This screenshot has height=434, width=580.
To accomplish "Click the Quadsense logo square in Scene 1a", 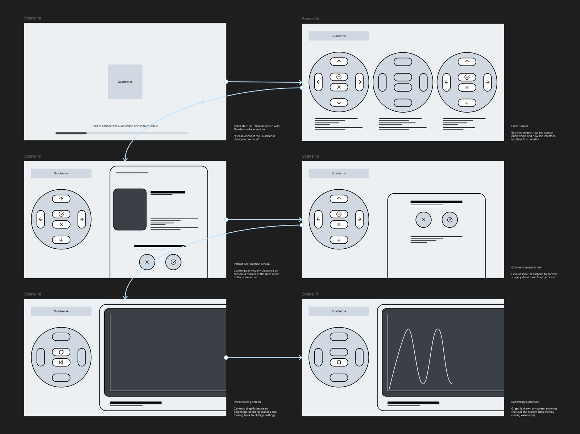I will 125,81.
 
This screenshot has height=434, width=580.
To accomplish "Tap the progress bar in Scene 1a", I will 121,133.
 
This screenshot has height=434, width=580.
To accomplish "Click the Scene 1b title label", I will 310,19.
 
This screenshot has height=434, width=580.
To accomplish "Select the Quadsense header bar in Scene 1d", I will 339,173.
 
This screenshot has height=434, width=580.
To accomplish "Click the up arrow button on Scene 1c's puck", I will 61,199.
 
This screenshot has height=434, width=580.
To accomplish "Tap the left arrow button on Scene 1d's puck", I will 318,219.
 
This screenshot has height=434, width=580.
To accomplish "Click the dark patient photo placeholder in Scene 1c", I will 130,209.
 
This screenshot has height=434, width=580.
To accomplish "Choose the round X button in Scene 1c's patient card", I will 147,262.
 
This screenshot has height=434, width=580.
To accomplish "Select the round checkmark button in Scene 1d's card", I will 449,220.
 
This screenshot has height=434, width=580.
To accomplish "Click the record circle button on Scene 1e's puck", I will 61,352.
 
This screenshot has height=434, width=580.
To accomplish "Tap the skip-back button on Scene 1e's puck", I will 61,362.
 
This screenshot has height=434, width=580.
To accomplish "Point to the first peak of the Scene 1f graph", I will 409,329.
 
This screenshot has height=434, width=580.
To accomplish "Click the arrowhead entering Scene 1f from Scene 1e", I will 300,358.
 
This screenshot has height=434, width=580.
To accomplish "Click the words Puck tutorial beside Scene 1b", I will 519,126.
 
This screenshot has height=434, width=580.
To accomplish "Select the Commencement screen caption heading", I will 527,267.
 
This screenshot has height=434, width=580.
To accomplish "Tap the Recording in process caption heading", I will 525,402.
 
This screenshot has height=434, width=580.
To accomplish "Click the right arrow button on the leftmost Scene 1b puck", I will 359,82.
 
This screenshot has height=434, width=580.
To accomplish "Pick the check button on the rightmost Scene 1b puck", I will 467,77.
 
